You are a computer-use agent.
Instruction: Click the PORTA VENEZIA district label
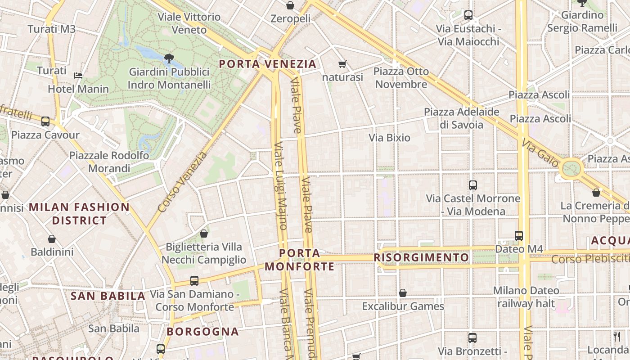268,64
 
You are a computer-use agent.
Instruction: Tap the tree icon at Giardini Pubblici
169,58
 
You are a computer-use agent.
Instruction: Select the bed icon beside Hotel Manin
78,75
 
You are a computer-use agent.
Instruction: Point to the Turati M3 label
51,29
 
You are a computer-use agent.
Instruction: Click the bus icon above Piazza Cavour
45,121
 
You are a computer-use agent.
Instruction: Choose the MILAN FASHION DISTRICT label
80,214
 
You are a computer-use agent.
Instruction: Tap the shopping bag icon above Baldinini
52,239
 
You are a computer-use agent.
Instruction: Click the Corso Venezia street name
183,182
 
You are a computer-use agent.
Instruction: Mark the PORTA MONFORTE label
300,260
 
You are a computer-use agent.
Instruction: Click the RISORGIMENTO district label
421,257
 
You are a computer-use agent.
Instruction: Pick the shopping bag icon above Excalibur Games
403,293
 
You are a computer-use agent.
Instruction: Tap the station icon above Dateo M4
519,235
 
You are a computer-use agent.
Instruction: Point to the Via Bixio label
390,138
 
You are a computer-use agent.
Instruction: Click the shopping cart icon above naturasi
342,64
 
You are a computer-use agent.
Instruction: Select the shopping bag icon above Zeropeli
290,5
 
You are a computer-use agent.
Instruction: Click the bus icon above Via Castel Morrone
473,185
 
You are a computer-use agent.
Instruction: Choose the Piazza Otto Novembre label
401,78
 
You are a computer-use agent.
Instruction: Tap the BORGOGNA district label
202,332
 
